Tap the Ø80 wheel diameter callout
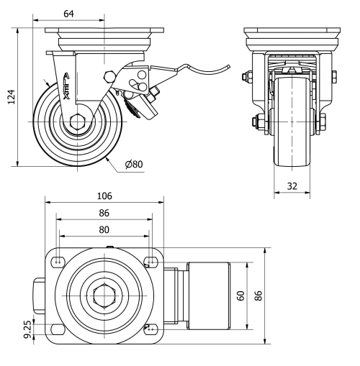pos(134,165)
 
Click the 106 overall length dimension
pos(105,196)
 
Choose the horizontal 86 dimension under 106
pos(105,214)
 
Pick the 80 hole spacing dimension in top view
pos(104,231)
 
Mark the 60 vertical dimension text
pos(242,295)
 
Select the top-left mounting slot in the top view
pos(59,260)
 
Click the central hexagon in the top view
pos(104,294)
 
